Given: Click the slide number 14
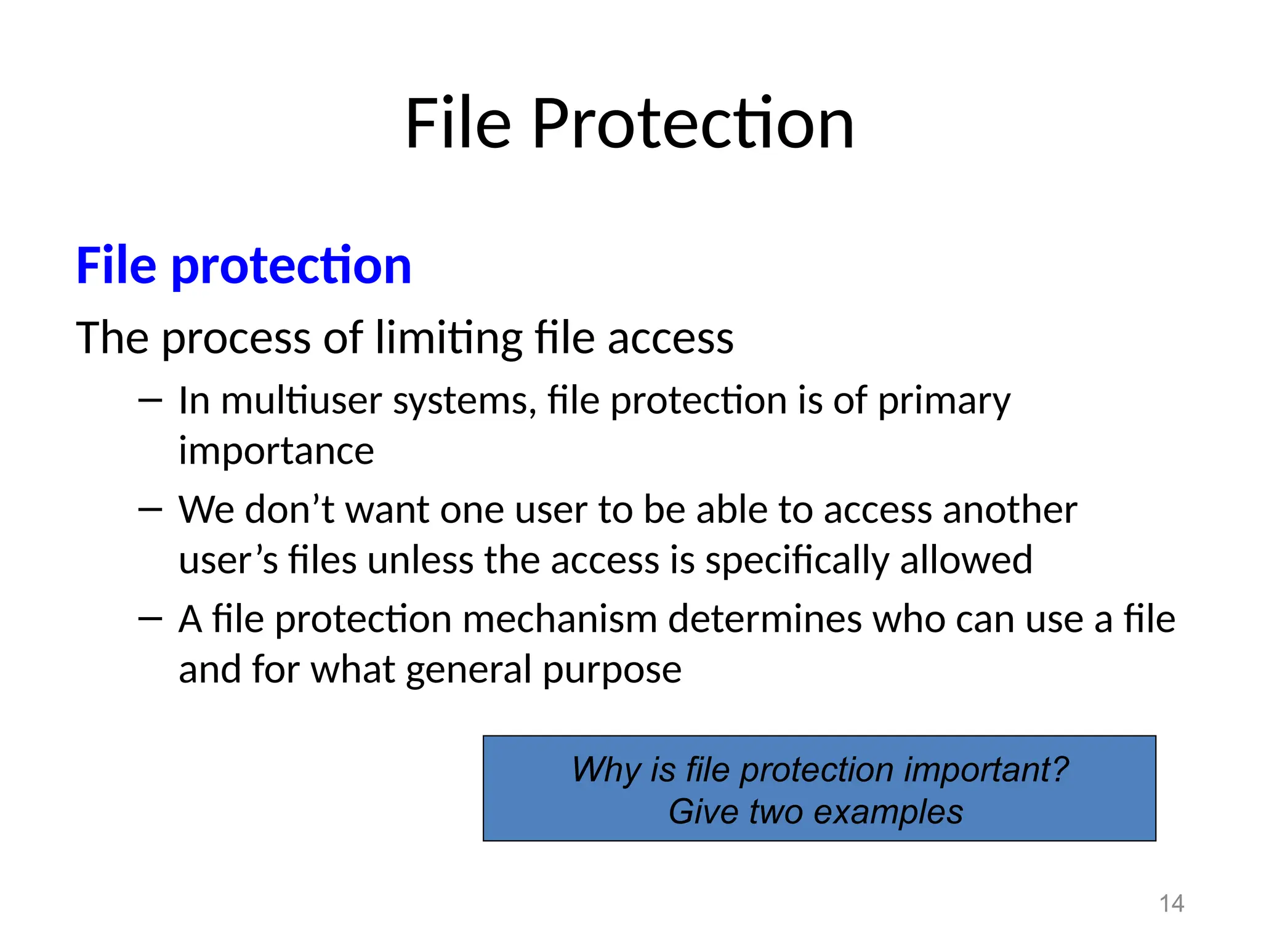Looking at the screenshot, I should (x=1171, y=904).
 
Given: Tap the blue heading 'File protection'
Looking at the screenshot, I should (x=243, y=265).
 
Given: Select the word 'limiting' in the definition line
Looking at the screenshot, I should (x=449, y=338).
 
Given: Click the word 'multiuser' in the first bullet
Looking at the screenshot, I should (x=302, y=400).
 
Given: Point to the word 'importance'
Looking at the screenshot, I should (x=276, y=451).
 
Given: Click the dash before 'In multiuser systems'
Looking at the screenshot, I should (x=150, y=401).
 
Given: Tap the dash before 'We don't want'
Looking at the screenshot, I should (x=150, y=510).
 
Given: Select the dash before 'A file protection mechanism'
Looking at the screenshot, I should (x=150, y=619).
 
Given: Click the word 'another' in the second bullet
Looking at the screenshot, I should (x=1010, y=510).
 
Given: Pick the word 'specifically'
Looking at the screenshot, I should (x=797, y=560).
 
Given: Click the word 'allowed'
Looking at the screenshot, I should (x=966, y=560).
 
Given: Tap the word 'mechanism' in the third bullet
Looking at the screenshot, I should (x=560, y=619).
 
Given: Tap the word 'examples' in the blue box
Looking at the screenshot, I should (x=888, y=812).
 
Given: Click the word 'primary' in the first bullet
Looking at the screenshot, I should (x=944, y=402).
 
